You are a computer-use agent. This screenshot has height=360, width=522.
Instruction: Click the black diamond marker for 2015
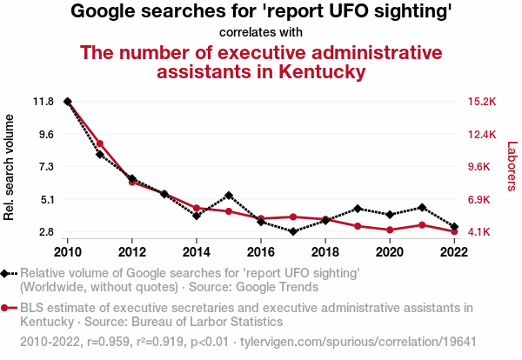[229, 196]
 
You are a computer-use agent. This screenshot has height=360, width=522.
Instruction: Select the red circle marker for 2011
[100, 143]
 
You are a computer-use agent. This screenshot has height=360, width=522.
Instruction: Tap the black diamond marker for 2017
[293, 231]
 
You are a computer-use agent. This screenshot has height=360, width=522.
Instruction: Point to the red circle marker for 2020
[390, 230]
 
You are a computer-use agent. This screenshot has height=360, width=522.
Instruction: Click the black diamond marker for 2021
[422, 208]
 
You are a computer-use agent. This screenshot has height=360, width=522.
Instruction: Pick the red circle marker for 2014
[197, 209]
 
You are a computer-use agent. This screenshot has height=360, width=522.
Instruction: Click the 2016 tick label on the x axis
[261, 251]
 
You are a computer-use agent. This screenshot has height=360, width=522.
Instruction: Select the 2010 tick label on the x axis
[68, 251]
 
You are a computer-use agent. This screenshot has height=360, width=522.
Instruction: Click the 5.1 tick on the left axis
[44, 199]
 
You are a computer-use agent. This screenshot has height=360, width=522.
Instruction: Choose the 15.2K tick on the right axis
[482, 102]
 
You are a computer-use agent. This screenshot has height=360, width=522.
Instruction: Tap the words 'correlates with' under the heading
[261, 32]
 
